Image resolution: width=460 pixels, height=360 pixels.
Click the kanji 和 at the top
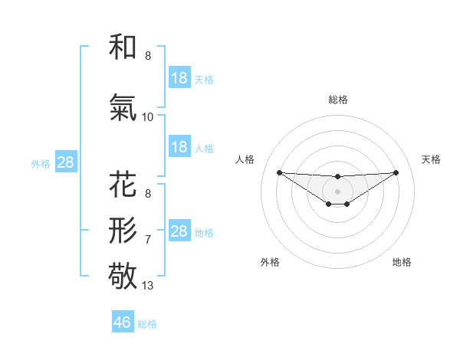(x=123, y=47)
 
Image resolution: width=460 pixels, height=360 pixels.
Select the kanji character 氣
(x=123, y=108)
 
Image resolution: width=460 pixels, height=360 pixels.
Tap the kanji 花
(x=123, y=185)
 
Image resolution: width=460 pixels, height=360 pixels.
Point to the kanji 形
(x=123, y=229)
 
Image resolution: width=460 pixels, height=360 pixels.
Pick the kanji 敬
(x=123, y=275)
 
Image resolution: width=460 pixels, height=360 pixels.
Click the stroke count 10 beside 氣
(x=148, y=117)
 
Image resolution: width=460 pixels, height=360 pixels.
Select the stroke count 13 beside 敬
(x=148, y=286)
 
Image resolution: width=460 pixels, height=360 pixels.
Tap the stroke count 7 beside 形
(x=148, y=240)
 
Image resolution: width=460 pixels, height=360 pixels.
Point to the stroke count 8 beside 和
(x=148, y=56)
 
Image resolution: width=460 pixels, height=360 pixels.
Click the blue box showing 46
(x=123, y=322)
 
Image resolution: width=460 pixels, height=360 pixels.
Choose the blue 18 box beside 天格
(x=179, y=78)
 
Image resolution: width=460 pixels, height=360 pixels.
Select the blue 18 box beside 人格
(x=179, y=147)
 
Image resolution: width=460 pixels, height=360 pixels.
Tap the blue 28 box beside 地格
(x=179, y=231)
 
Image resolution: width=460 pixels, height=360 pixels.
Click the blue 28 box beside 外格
(x=64, y=162)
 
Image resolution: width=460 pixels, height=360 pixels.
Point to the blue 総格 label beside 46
(x=147, y=324)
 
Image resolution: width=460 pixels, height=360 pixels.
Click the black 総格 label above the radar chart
(x=337, y=100)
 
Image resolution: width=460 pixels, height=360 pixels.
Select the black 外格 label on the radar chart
(x=270, y=262)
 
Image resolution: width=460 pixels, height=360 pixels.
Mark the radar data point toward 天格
(x=396, y=172)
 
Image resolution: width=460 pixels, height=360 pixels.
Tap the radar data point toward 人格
(x=279, y=172)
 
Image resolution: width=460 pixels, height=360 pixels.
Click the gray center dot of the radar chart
(x=337, y=191)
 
